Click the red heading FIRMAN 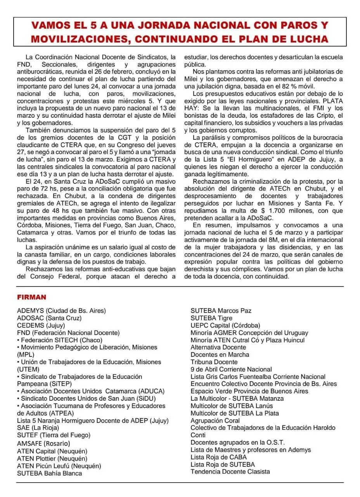pos(32,297)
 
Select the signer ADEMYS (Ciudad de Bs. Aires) pos(61,311)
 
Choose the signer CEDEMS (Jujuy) pos(41,325)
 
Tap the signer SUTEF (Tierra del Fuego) pos(54,435)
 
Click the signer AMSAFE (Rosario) pos(43,443)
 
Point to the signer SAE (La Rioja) pos(38,428)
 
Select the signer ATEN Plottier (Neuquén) pos(52,458)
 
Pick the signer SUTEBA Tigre pos(211,318)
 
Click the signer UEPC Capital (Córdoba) pos(225,325)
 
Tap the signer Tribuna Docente pos(214,362)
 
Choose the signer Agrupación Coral pos(215,421)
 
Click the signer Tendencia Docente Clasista pos(230,472)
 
